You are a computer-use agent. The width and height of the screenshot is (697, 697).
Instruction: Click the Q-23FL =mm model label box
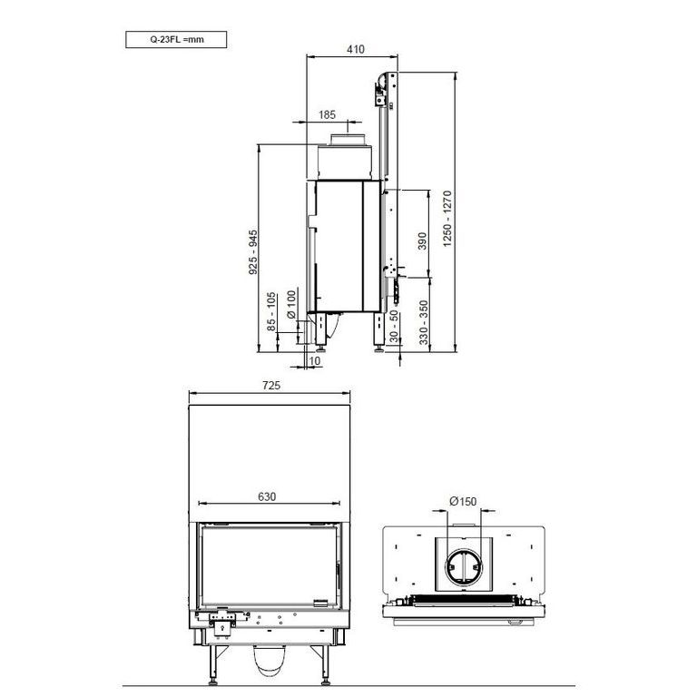[176, 39]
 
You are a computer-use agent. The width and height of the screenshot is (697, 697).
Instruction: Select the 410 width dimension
[356, 49]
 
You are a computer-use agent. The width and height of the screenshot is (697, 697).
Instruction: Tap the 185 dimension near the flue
[327, 114]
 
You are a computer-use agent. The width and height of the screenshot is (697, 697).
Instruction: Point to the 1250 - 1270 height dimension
[447, 219]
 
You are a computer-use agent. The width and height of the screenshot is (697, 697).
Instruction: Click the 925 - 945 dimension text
[253, 252]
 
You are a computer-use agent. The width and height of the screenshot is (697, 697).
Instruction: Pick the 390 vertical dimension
[422, 241]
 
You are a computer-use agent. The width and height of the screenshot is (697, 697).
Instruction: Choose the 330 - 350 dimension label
[424, 323]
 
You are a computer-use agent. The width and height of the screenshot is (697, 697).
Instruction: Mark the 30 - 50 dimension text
[394, 327]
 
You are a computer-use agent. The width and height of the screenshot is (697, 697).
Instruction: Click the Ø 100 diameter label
[291, 305]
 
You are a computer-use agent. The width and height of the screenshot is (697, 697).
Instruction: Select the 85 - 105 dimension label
[271, 311]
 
